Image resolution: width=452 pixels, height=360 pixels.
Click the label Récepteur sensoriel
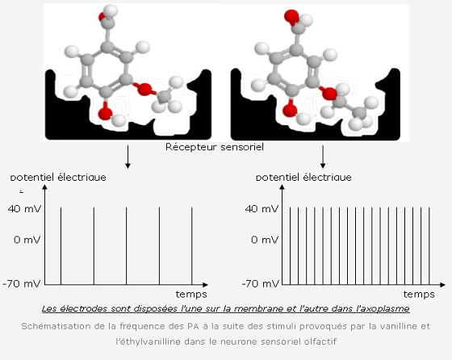(215, 147)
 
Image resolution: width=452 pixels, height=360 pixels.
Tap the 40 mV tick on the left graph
(24, 209)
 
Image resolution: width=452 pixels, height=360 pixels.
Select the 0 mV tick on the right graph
(265, 240)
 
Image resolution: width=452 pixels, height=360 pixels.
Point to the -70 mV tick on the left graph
(22, 284)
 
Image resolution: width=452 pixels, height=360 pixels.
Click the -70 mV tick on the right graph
(261, 284)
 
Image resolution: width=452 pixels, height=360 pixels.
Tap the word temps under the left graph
(191, 295)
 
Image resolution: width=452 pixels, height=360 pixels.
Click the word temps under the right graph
(419, 295)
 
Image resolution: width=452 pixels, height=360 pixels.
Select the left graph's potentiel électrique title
(58, 177)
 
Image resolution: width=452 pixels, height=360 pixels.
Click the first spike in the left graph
(61, 246)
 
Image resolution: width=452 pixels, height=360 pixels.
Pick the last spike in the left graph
(192, 246)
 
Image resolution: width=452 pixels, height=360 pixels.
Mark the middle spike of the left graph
(126, 246)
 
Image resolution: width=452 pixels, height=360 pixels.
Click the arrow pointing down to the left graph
(128, 157)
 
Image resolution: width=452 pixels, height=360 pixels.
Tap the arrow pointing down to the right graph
(323, 157)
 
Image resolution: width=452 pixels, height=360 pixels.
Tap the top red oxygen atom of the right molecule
(291, 17)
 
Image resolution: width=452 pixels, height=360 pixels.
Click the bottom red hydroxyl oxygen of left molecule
(105, 113)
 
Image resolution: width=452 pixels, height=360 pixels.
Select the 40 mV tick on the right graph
(262, 209)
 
